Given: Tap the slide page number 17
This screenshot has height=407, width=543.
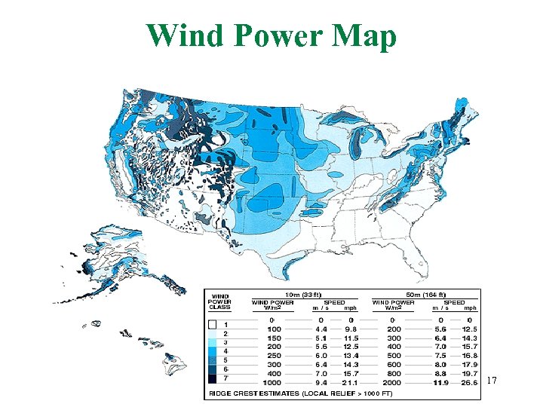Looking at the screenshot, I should (x=492, y=381).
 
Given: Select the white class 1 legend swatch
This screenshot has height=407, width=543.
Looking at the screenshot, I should (x=213, y=325).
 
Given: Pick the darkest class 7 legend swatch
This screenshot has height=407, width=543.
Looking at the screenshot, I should (x=213, y=379).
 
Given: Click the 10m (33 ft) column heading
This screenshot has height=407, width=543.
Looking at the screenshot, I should (x=302, y=295).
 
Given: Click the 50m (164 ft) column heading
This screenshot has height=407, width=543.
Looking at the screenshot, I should (x=425, y=295).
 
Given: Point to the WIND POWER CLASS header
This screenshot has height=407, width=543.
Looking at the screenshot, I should (x=220, y=301).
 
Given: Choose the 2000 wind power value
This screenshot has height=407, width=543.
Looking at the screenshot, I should (x=391, y=382).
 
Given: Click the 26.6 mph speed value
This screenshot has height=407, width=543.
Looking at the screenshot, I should (x=470, y=382).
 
